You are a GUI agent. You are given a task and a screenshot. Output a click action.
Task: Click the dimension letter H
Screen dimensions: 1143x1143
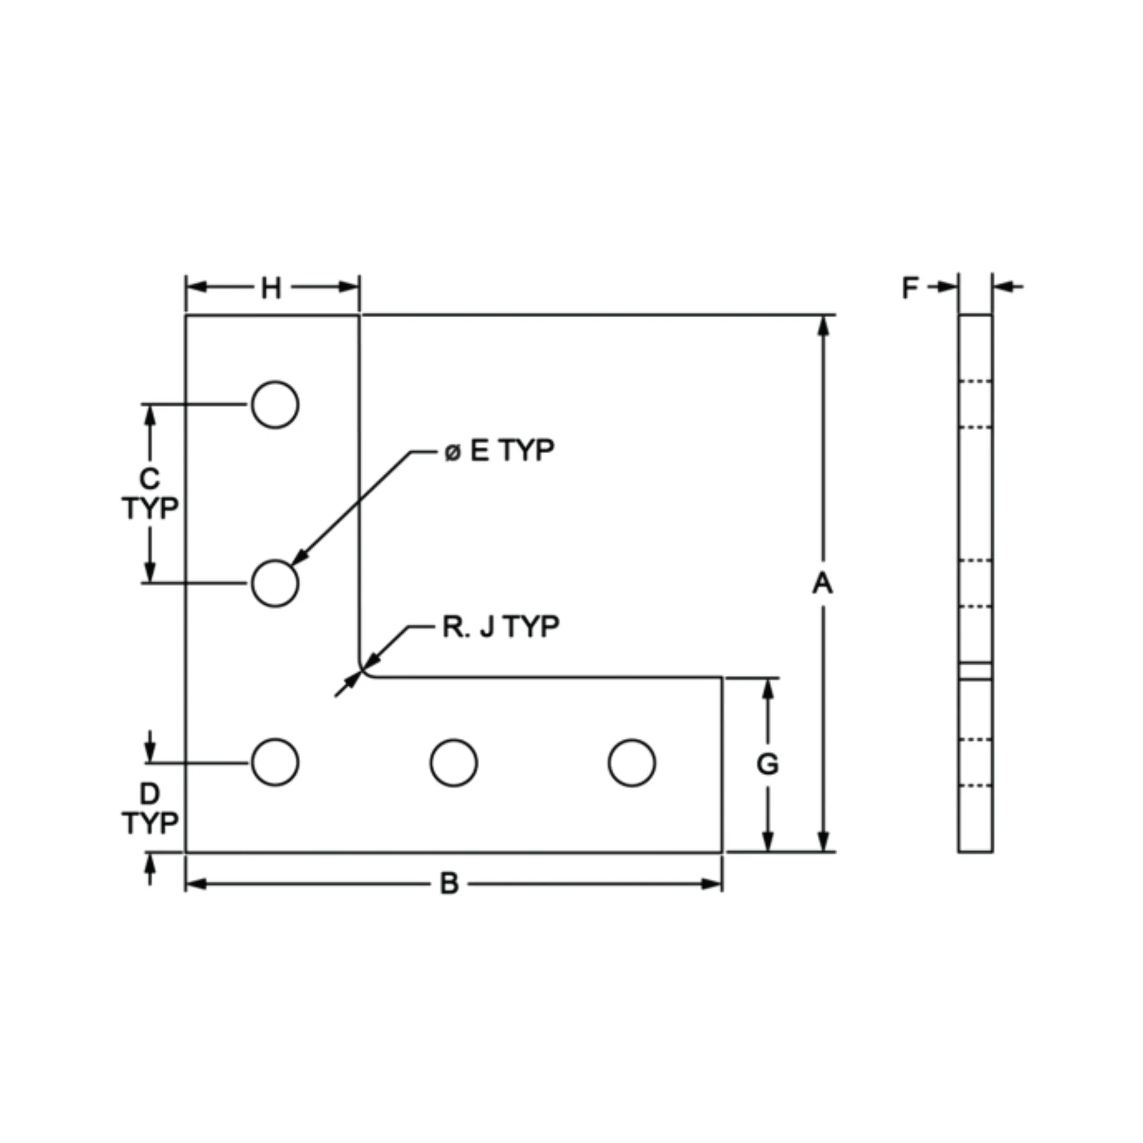point(271,289)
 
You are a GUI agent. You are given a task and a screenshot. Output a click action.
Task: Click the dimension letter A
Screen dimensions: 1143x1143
point(822,584)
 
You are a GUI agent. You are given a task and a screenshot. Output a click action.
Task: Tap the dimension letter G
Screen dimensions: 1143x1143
point(768,764)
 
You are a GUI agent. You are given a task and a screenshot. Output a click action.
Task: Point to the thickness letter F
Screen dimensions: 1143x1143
point(910,288)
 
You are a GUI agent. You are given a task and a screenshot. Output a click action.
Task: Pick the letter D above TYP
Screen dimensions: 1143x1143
point(150,794)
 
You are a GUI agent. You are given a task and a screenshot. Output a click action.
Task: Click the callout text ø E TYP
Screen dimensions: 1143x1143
point(499,451)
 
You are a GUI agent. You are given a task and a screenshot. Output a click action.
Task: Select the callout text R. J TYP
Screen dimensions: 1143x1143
point(501,627)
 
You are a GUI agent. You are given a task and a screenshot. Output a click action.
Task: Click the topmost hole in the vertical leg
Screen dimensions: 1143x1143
point(275,405)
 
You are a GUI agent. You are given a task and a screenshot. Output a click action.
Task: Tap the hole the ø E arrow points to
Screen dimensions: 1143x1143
point(275,584)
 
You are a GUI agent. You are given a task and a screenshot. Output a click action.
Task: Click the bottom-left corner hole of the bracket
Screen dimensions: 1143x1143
point(275,762)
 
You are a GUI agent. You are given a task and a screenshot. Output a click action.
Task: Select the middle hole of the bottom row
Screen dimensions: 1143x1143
point(454,762)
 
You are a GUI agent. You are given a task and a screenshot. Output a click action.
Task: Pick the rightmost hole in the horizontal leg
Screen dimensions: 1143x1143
point(632,762)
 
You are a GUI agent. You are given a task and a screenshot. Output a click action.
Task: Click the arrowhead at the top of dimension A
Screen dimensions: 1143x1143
point(823,325)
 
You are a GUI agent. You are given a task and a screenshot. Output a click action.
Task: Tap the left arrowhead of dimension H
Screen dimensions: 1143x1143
point(197,287)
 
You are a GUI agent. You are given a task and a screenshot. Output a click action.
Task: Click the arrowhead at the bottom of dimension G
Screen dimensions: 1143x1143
point(768,842)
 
